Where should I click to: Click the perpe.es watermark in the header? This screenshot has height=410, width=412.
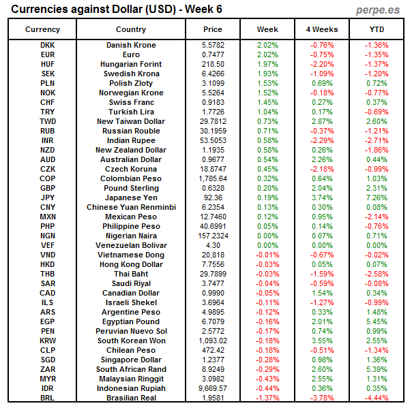379,10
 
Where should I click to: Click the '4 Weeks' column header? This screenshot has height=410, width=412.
322,29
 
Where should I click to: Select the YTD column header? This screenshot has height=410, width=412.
377,29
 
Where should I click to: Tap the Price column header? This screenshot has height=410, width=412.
213,29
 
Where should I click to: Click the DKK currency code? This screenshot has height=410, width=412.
48,45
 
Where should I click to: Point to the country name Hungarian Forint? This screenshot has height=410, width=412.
131,64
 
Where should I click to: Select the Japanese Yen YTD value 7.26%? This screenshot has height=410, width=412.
377,198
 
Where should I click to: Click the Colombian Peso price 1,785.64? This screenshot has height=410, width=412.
213,178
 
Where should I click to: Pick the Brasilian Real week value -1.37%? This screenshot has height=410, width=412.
267,398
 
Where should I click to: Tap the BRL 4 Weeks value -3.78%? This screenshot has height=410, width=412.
322,398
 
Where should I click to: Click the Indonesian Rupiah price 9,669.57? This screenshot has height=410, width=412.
213,388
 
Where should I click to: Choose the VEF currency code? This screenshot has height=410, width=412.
48,245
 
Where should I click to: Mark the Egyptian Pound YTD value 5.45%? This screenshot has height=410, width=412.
377,321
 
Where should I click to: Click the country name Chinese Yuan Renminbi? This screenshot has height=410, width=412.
131,207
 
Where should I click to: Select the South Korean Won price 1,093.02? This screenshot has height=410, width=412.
213,341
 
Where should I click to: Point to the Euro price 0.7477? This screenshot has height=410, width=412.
213,54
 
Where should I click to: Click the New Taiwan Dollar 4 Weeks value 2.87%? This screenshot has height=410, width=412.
322,121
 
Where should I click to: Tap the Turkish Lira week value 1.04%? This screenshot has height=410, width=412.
267,112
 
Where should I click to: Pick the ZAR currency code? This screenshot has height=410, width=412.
48,369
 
